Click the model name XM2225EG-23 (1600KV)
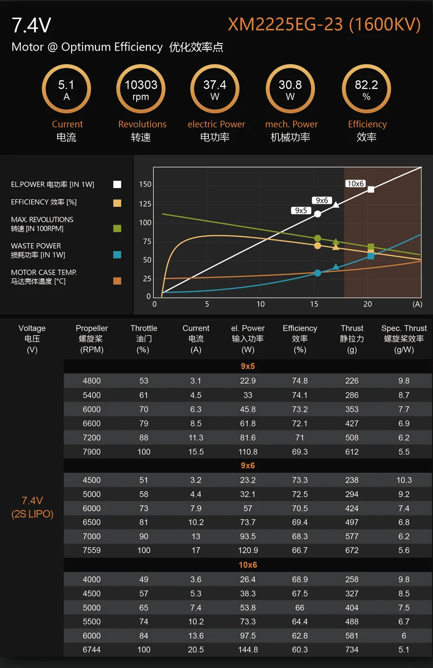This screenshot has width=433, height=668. click(324, 24)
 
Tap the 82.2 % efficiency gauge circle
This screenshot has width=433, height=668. click(366, 89)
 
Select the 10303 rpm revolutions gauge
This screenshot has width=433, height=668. click(141, 89)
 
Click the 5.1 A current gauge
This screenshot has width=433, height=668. click(66, 89)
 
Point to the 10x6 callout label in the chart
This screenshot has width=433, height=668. click(355, 184)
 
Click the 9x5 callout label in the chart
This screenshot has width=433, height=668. click(301, 210)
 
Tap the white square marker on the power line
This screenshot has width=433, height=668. click(371, 189)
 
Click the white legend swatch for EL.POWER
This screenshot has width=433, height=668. click(117, 185)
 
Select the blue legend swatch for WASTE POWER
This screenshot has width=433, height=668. click(117, 255)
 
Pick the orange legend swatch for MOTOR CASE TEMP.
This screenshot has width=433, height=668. click(117, 281)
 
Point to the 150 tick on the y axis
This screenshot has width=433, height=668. click(145, 185)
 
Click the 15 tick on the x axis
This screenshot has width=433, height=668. click(314, 304)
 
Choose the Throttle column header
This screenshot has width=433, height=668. click(144, 338)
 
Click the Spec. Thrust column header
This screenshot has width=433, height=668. click(404, 338)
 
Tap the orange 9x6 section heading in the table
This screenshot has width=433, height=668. click(247, 466)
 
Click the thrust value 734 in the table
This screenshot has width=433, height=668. click(352, 650)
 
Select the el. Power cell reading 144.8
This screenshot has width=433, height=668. click(248, 650)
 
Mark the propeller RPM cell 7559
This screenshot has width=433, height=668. click(92, 551)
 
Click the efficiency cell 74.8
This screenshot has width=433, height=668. click(299, 381)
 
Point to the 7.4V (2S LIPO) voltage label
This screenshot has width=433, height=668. click(32, 507)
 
